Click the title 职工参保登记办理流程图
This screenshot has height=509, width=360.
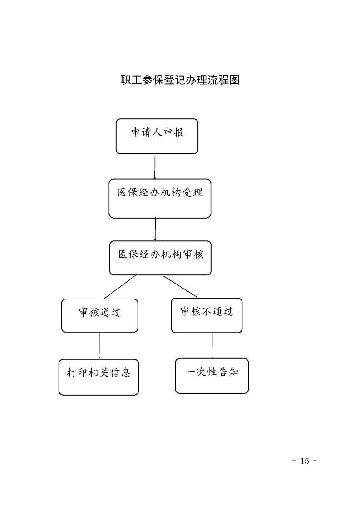[x=180, y=80]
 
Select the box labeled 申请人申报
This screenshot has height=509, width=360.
[x=157, y=137]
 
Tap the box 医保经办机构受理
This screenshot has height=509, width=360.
[x=160, y=198]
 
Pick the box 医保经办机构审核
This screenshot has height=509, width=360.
[x=161, y=258]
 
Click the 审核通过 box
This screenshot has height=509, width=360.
[x=100, y=316]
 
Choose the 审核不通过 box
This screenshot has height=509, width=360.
[x=207, y=316]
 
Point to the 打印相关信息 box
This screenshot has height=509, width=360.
[x=99, y=377]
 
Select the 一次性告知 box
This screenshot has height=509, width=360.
[x=212, y=376]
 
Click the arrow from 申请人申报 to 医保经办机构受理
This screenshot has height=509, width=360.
[x=155, y=167]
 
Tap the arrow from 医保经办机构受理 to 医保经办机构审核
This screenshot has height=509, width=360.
[x=155, y=229]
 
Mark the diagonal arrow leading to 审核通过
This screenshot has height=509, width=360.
[x=119, y=287]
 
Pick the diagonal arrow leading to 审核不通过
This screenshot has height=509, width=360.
[x=180, y=287]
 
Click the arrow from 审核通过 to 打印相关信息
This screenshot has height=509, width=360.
[x=99, y=346]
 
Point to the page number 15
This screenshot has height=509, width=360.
[x=305, y=461]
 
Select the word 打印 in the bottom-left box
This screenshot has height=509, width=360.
[x=77, y=372]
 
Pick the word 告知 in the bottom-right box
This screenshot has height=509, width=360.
[x=228, y=372]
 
